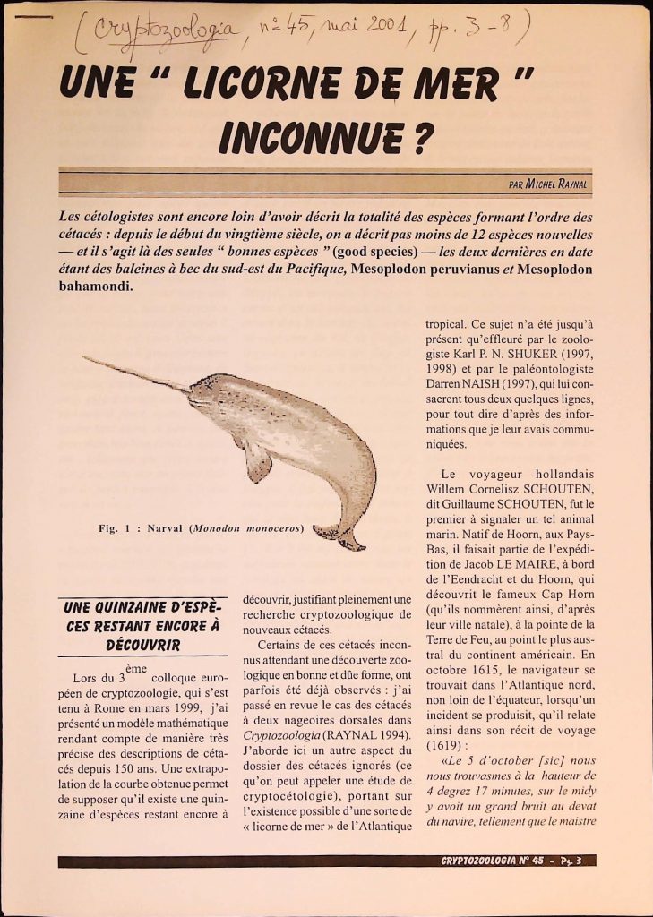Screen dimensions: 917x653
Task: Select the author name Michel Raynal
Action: pos(557,184)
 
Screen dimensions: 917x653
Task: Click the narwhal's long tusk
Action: pos(134,373)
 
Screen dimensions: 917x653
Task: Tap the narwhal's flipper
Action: pos(257,460)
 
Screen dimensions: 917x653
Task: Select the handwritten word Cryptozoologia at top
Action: pos(167,37)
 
